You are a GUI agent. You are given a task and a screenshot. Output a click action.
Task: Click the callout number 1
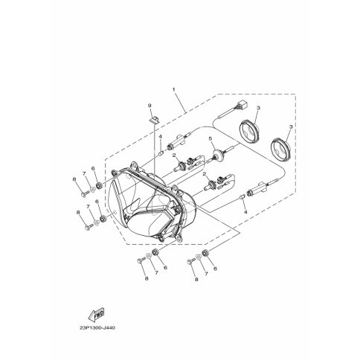(174, 89)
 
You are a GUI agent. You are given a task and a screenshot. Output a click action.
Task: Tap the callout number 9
(150, 106)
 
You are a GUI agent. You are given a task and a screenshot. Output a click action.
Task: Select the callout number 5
(210, 138)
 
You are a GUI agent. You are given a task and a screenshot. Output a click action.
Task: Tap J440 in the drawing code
(109, 328)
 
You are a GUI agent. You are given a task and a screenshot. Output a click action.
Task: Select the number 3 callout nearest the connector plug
(258, 108)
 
